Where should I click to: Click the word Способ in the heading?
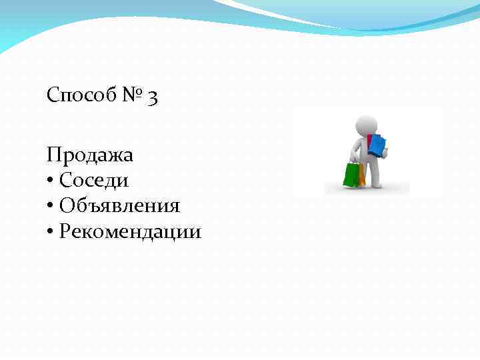coord(80,96)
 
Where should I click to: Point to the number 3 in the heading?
coord(153,97)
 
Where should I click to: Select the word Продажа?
coord(90,155)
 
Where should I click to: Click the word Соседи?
coord(94,180)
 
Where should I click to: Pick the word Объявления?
coord(119,205)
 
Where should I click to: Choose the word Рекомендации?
coord(130,231)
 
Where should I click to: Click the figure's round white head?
coord(366,125)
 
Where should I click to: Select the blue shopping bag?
coord(377,145)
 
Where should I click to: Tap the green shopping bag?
coord(351,175)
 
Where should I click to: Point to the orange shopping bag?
coord(362,175)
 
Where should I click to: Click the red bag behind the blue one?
coord(369,141)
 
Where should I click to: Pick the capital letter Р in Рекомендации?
coord(63,231)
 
